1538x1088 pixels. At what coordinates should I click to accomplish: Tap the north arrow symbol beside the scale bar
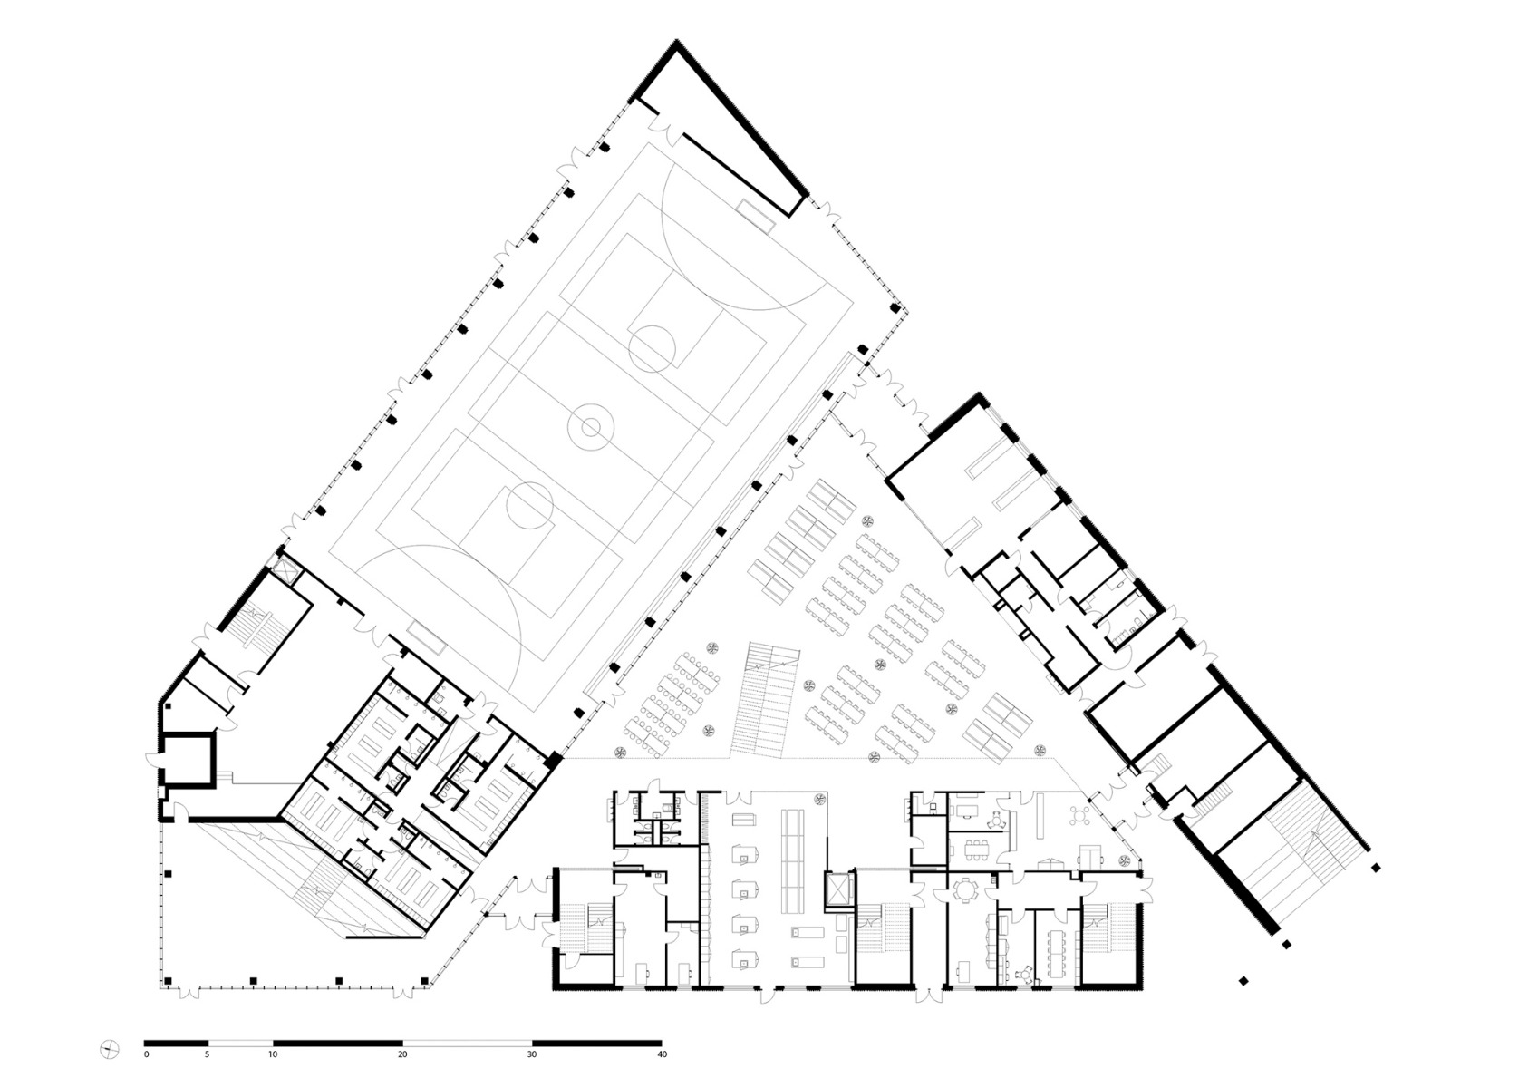coord(110,1050)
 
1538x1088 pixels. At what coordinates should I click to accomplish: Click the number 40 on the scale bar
coord(662,1055)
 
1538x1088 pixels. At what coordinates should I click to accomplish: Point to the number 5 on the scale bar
coord(208,1055)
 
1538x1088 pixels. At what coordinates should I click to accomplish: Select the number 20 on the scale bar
coord(402,1055)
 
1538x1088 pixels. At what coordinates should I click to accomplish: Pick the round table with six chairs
coord(962,892)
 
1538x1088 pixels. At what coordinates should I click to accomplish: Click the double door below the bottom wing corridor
coord(928,992)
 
